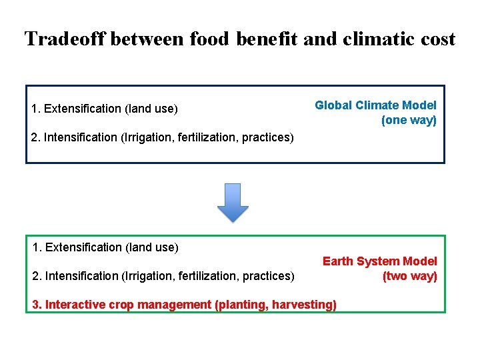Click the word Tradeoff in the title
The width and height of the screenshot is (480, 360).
click(x=65, y=39)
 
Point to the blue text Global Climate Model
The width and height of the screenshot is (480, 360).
click(x=375, y=105)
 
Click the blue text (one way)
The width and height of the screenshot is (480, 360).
click(x=409, y=121)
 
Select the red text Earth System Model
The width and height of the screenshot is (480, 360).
click(x=379, y=261)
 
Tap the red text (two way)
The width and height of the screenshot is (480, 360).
click(x=409, y=276)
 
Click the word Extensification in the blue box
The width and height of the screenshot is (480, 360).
click(x=83, y=109)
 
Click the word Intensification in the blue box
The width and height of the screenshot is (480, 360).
click(x=81, y=137)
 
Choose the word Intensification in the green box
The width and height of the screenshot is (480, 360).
click(x=81, y=276)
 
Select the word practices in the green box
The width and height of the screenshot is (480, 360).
click(x=267, y=276)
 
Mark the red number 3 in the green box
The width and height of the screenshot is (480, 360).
click(x=36, y=305)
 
